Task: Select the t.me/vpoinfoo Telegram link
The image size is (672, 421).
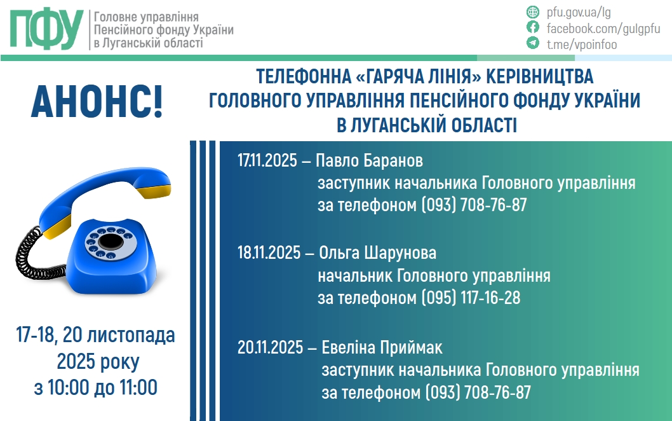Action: [581, 44]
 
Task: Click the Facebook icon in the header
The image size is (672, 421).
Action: [533, 27]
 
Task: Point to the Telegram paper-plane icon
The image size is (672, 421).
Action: [533, 43]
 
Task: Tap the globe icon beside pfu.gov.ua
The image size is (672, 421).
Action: [533, 12]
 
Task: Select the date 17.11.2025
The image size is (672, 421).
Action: [267, 160]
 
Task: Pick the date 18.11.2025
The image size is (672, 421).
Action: [267, 253]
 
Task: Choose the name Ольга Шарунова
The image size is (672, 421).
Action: [377, 253]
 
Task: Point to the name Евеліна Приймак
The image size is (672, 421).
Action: [382, 349]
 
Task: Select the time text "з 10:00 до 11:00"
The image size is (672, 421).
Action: [95, 387]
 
